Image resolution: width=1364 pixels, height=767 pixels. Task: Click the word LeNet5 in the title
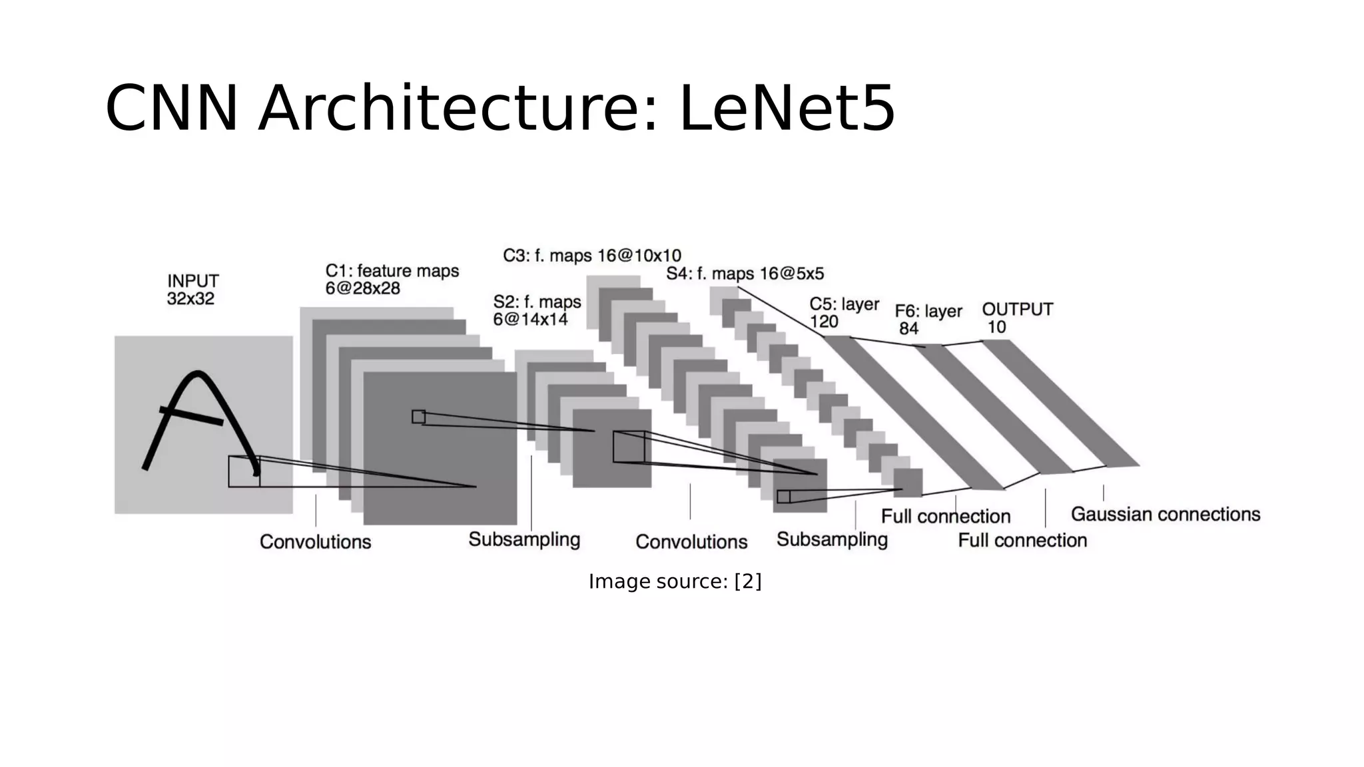[x=787, y=109]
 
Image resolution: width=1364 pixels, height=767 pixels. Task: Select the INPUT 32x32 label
[x=192, y=290]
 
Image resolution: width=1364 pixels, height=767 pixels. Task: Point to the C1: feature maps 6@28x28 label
[x=392, y=280]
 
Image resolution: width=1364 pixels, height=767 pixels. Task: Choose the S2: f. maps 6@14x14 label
[x=536, y=310]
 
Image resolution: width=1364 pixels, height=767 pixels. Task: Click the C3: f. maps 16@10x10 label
[x=591, y=256]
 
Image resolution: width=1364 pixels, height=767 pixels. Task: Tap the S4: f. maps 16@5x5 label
[x=745, y=274]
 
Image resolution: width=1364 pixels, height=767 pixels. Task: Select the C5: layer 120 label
[x=844, y=312]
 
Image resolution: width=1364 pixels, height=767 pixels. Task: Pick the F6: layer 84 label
[x=928, y=320]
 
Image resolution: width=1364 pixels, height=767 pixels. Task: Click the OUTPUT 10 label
[x=1017, y=318]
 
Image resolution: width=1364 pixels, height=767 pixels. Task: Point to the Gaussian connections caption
[x=1165, y=514]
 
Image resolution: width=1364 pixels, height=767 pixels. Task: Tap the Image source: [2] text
[x=675, y=581]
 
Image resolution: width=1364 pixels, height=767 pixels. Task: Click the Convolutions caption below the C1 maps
[x=315, y=541]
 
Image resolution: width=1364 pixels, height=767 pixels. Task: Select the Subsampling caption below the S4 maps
[x=832, y=539]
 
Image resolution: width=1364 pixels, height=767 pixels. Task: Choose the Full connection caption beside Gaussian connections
[x=1022, y=540]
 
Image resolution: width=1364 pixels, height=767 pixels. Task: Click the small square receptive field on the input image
[x=244, y=471]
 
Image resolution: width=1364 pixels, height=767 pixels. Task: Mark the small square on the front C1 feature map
[x=418, y=417]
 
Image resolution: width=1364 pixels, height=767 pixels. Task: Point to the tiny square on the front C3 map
[x=783, y=497]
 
